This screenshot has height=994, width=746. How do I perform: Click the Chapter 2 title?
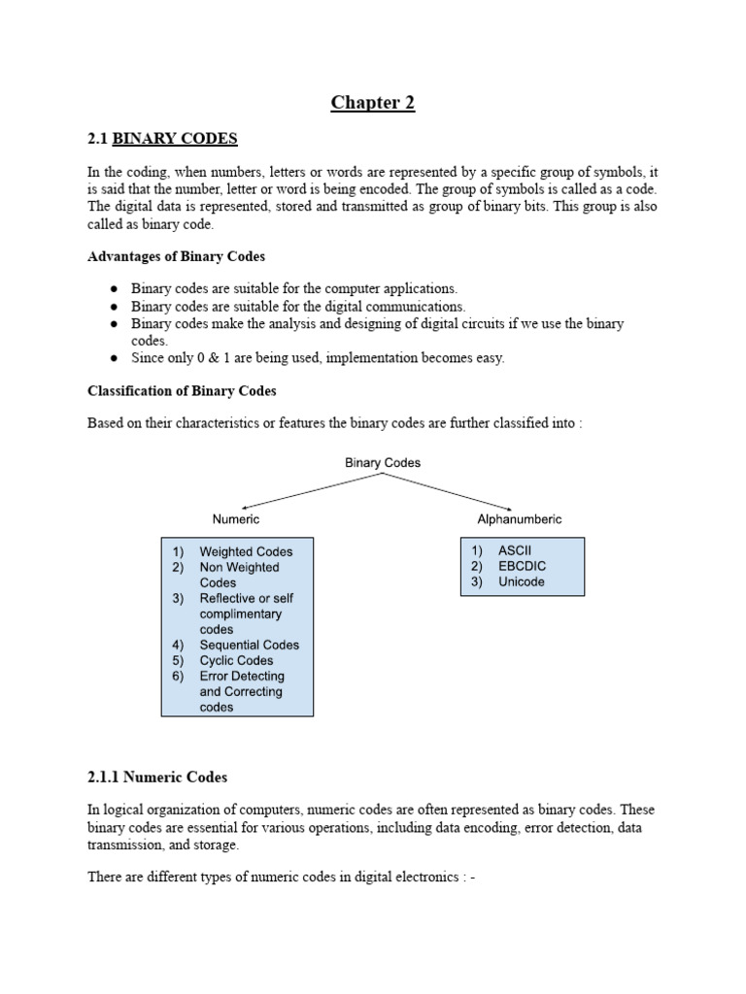coord(373,103)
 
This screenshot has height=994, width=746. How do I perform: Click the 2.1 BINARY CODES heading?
coord(162,139)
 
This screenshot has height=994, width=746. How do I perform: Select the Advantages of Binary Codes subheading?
coord(176,256)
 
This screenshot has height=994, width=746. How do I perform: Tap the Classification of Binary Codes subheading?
coord(182,391)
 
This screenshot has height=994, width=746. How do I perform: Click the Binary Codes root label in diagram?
coord(383,463)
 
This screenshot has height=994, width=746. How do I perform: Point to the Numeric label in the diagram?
coord(236,519)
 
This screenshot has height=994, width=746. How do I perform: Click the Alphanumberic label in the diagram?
coord(519,519)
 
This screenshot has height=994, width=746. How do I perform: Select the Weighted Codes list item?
coord(246,551)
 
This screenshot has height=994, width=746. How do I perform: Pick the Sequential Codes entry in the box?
coord(249,645)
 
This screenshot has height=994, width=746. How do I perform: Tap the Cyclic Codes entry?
coord(236,660)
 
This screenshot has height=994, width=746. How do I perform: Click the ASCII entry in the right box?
coord(515,550)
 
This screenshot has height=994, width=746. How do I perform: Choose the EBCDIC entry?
coord(522,566)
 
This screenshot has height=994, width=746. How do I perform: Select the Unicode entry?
coord(521,581)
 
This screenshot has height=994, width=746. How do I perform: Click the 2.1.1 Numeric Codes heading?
coord(156,778)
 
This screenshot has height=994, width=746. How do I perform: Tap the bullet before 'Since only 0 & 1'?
coord(114,358)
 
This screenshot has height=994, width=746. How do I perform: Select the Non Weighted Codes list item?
coord(239,575)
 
